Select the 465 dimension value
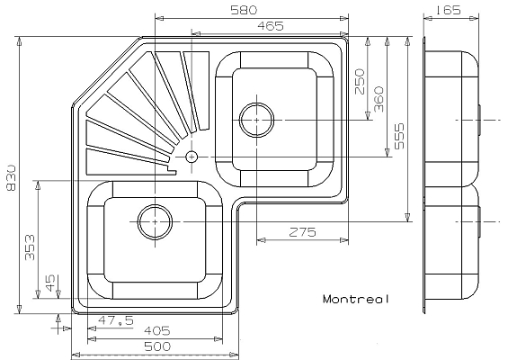(272, 26)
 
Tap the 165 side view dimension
(447, 10)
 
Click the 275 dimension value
(301, 232)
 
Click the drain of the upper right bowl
(257, 118)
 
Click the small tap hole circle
(192, 157)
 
